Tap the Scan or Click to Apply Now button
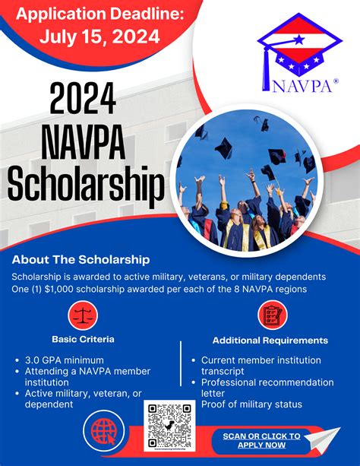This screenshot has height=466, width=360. pyautogui.click(x=261, y=441)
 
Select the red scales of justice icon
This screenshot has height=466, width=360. pyautogui.click(x=84, y=315)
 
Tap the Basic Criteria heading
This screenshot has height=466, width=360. pyautogui.click(x=84, y=338)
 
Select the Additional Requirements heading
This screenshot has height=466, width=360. pyautogui.click(x=270, y=340)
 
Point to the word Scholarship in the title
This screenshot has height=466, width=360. pyautogui.click(x=85, y=183)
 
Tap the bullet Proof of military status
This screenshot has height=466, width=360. pyautogui.click(x=251, y=404)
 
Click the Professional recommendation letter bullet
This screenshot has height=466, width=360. pyautogui.click(x=267, y=387)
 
